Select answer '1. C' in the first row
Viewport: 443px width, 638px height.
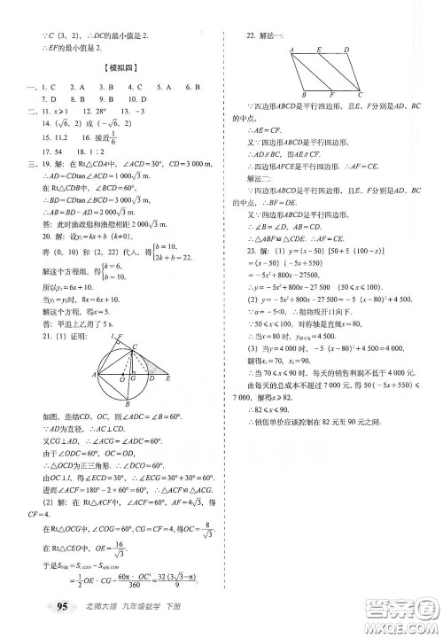point(41,87)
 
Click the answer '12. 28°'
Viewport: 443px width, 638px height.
point(89,113)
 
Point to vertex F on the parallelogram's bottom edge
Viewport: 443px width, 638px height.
point(330,93)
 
